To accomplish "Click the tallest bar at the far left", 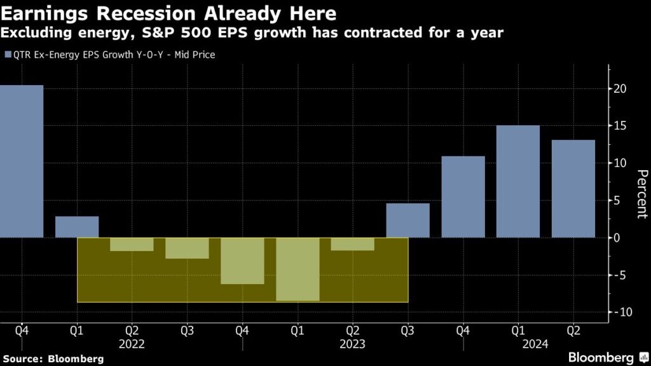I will (x=22, y=161).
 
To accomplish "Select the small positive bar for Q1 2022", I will (x=77, y=227).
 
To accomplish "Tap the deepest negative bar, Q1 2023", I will (x=298, y=269).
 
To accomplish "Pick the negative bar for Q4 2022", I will (x=242, y=261).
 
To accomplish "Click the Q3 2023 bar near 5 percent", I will (x=408, y=220).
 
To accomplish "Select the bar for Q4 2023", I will (x=463, y=197).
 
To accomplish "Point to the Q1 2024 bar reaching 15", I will (x=518, y=182).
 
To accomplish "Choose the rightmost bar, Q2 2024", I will (x=573, y=189).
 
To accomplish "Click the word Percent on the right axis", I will (x=641, y=194).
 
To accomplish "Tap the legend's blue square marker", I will (x=7, y=55).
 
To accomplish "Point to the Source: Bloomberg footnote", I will (x=53, y=359).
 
